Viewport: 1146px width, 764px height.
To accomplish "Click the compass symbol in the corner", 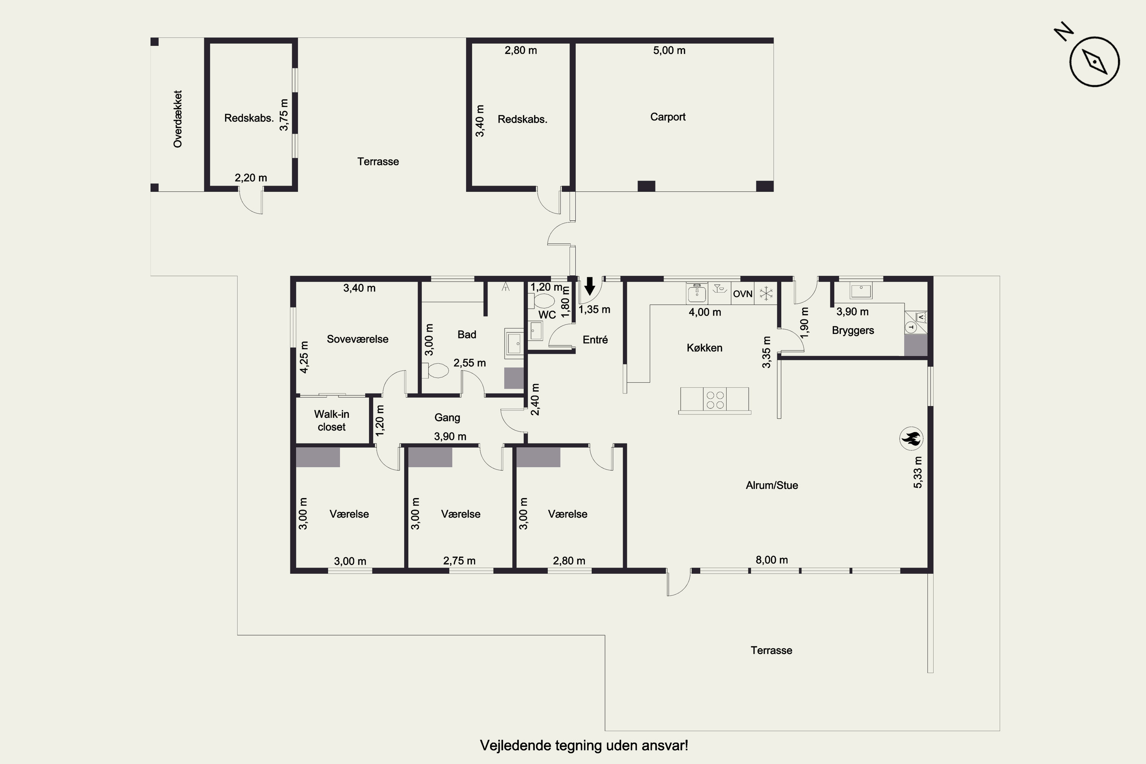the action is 1094,62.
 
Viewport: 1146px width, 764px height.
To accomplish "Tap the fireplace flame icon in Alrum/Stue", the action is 911,439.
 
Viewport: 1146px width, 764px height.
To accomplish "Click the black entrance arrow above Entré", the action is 589,286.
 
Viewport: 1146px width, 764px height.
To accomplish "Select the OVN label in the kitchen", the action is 743,294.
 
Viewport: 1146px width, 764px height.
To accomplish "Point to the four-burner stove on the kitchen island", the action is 715,400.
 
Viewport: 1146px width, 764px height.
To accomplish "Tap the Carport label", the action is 667,117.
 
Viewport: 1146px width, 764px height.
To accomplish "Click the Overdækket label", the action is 177,119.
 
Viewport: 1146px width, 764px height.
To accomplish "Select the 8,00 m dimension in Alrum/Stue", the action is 772,560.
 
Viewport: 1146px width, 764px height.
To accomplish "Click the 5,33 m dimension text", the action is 918,472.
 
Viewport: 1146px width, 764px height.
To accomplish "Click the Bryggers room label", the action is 853,330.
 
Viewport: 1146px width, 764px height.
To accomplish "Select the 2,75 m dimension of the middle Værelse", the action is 460,561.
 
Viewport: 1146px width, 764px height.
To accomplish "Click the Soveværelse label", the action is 358,339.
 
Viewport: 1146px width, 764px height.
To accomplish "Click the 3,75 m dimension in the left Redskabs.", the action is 283,115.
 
